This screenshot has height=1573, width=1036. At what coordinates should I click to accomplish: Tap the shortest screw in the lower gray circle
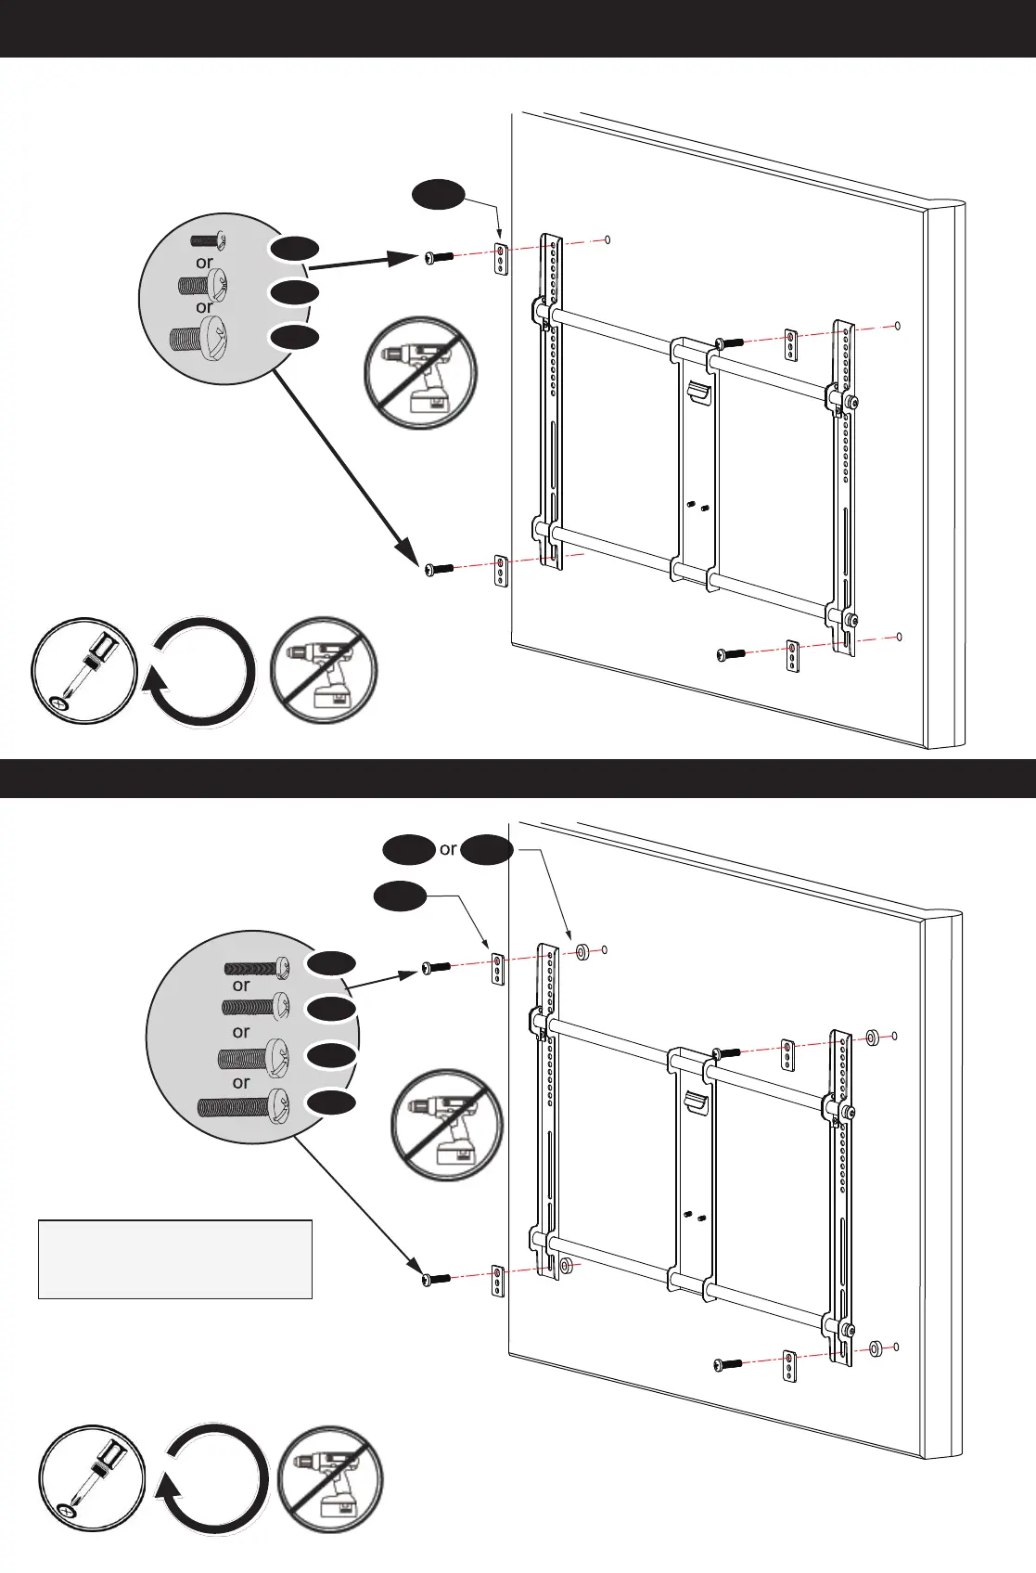click(x=257, y=968)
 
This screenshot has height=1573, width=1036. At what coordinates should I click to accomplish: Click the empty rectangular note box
click(x=174, y=1258)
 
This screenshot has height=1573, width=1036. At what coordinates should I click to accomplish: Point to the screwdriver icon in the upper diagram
click(x=84, y=670)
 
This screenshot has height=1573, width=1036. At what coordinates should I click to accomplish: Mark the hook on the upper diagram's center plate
click(x=697, y=392)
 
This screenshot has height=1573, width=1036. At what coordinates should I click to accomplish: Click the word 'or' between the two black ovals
click(x=448, y=849)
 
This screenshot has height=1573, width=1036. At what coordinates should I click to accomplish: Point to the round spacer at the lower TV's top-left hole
click(x=584, y=951)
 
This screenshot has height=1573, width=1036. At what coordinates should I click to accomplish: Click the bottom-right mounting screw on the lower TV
click(x=726, y=1363)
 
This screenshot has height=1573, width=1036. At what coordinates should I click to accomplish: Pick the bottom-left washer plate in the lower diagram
click(x=497, y=1279)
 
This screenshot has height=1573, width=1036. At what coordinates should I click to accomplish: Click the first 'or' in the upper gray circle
click(x=204, y=263)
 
